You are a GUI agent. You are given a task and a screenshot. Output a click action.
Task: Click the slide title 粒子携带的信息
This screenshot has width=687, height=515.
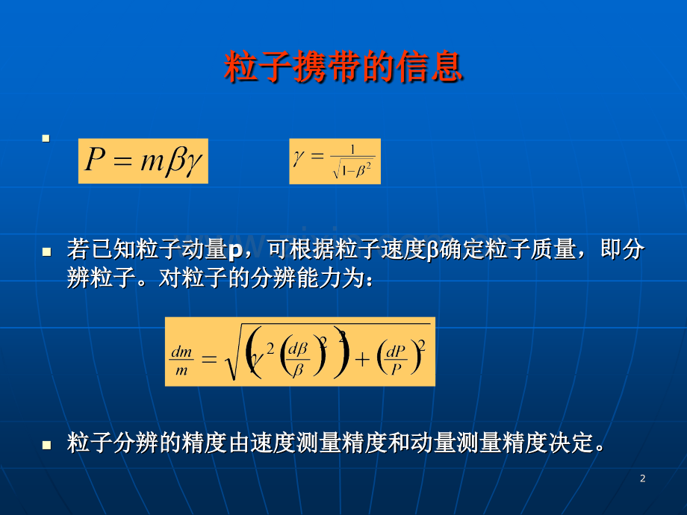[x=343, y=67]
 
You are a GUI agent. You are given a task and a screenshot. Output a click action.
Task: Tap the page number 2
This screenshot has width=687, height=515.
[x=643, y=479]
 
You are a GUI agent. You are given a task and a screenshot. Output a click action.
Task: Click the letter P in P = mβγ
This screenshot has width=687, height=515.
[x=94, y=160]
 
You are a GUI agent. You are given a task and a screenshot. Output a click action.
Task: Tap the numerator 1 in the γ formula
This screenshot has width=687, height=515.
[x=352, y=150]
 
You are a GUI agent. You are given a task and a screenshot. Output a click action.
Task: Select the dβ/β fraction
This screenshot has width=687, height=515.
[x=299, y=358]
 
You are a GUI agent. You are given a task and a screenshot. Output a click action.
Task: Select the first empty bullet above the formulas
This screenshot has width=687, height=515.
[x=46, y=138]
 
